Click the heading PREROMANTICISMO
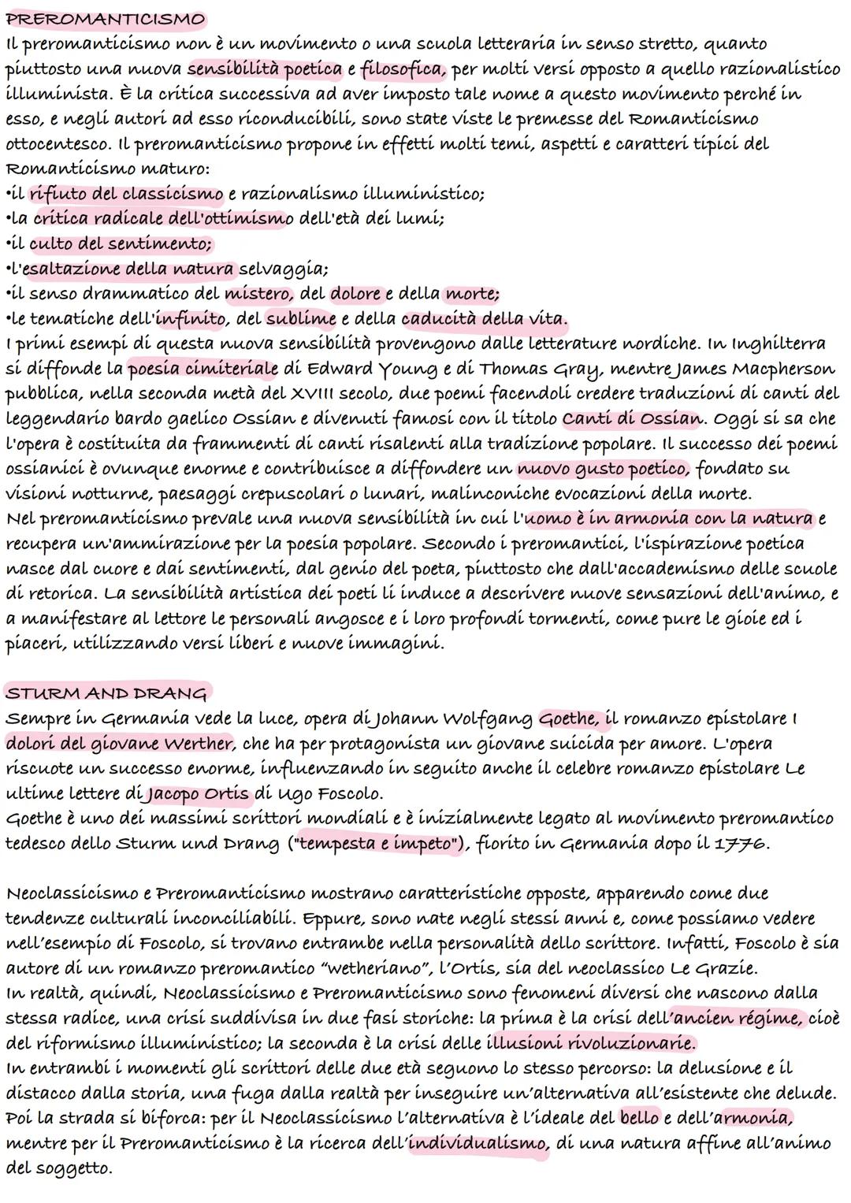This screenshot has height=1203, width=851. point(105,18)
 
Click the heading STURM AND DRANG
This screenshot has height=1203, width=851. point(106,693)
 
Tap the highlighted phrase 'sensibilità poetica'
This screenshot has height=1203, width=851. point(266,69)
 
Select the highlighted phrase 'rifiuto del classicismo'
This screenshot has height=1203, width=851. point(127,193)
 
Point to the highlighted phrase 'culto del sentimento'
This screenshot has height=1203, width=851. point(121,243)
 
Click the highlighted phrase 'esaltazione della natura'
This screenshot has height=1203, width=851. point(129,269)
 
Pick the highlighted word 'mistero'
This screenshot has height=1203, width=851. point(258,294)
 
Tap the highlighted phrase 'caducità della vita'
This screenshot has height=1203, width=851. point(484,319)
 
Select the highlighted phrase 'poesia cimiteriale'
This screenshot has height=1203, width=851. point(203,369)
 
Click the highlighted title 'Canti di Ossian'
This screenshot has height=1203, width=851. point(633,418)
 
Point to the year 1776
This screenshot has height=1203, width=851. point(745,844)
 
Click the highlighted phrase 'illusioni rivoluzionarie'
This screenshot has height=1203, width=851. point(592,1044)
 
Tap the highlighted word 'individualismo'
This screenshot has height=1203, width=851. point(478,1143)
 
